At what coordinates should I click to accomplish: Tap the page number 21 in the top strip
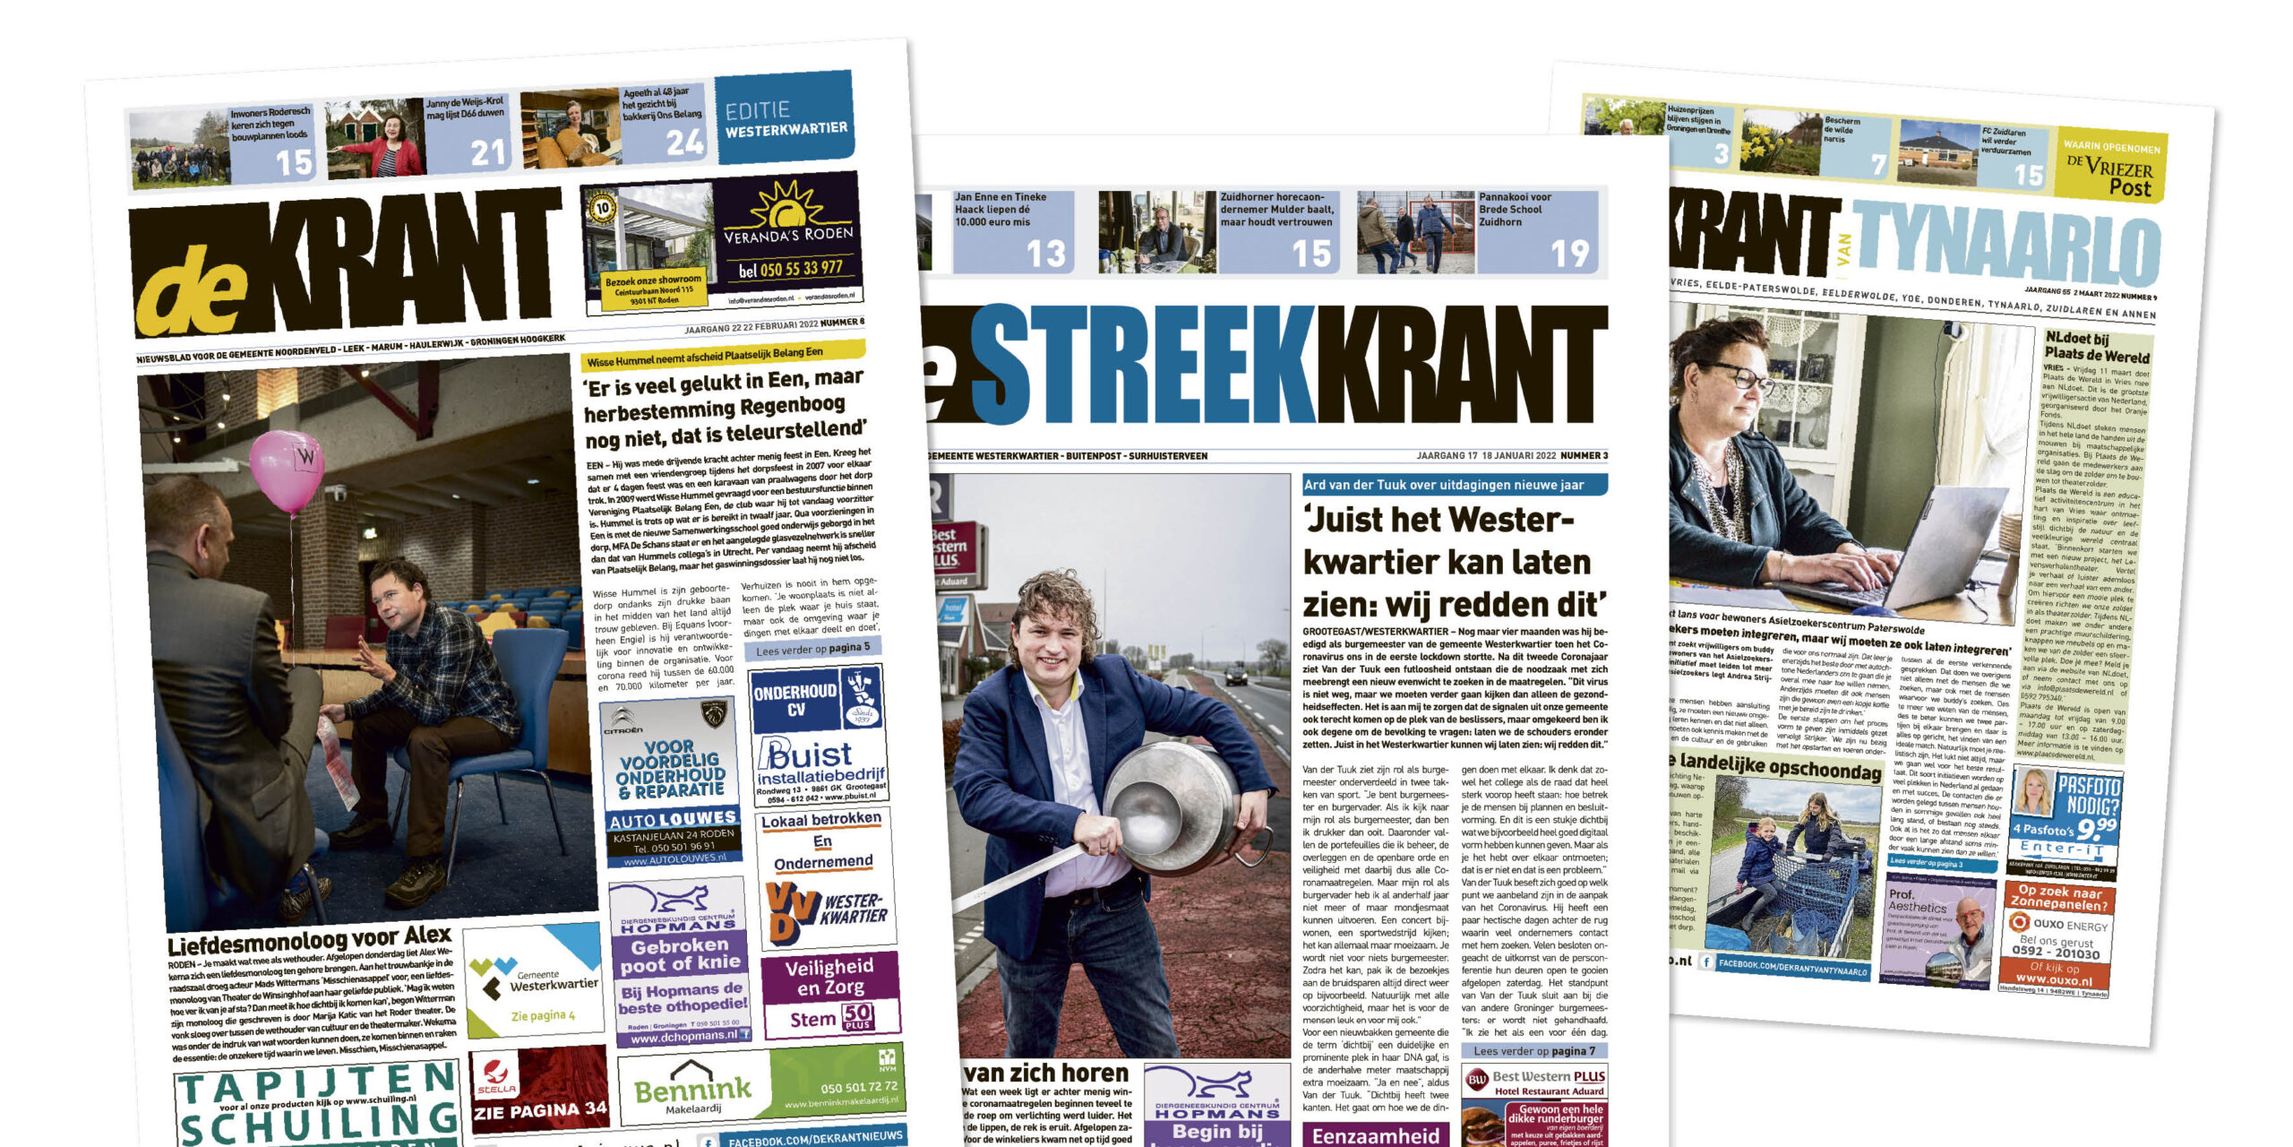(489, 153)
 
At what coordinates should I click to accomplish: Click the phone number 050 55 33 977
(790, 268)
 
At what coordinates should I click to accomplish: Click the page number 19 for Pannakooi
(1569, 254)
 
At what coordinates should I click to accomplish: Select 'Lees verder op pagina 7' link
(1533, 1051)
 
